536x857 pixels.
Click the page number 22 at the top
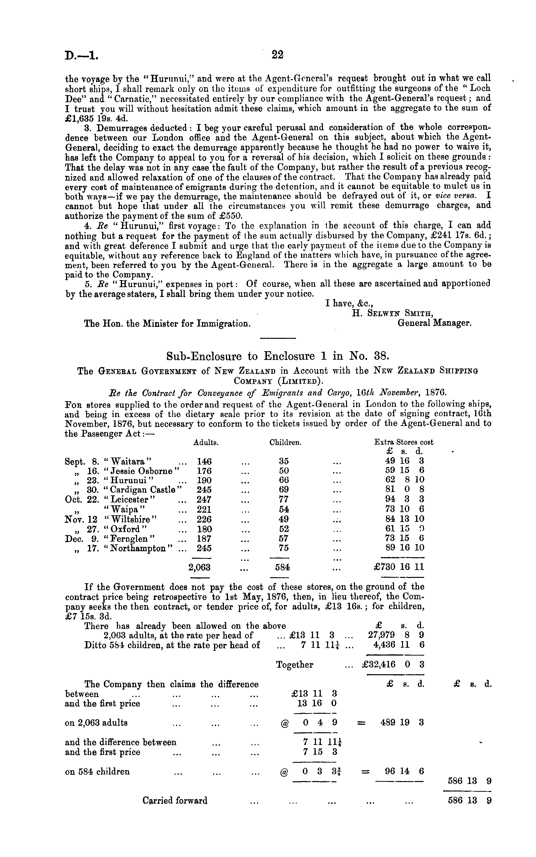(278, 55)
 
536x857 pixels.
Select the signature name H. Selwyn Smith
(392, 313)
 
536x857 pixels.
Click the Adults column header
(206, 442)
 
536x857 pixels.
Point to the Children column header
(285, 442)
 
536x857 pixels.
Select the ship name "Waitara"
(128, 462)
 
